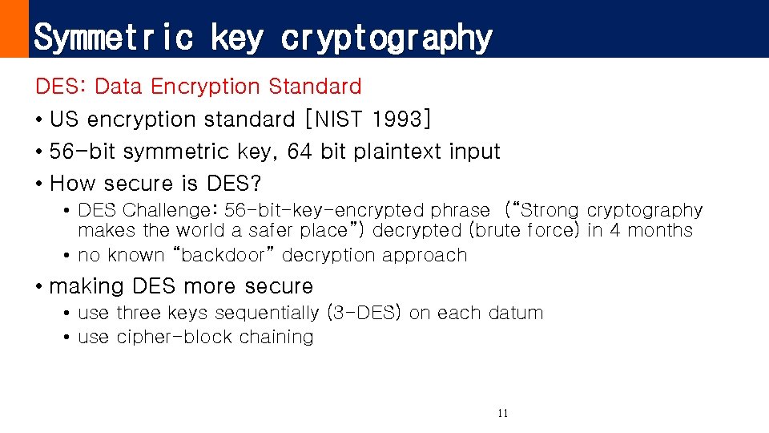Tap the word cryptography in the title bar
[x=386, y=38]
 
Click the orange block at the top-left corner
[x=14, y=29]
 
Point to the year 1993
[x=399, y=119]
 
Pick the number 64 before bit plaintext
[x=299, y=152]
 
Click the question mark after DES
[x=256, y=184]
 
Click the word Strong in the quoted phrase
[x=552, y=211]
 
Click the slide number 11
[x=502, y=414]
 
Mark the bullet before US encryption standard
[x=39, y=120]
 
